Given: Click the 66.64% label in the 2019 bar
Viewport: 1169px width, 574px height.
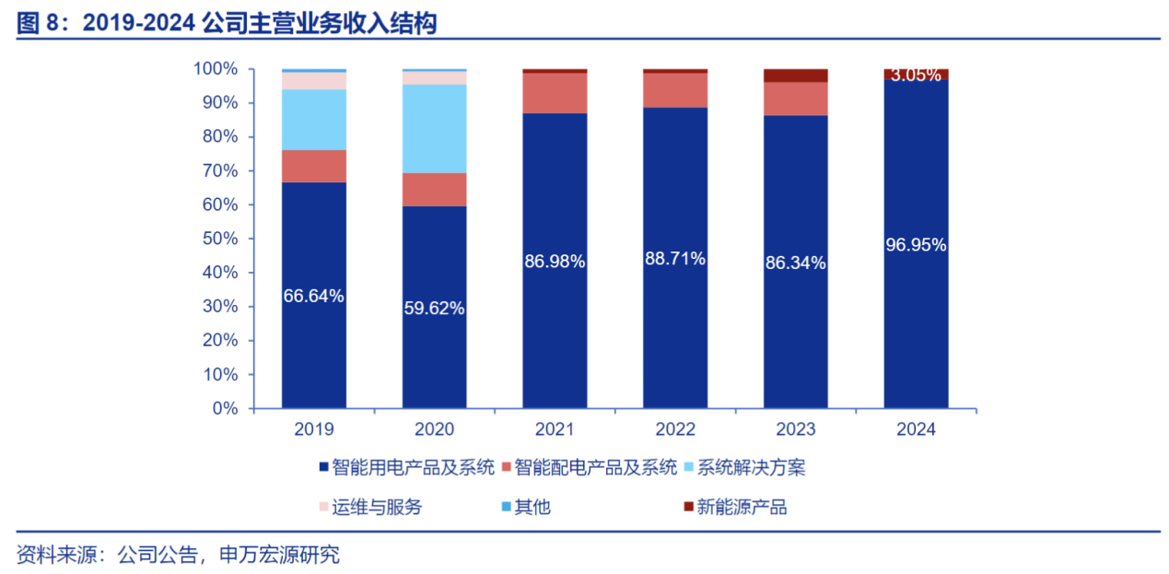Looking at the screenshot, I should click(314, 296).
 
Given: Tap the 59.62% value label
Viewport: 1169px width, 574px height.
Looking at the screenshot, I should click(434, 308).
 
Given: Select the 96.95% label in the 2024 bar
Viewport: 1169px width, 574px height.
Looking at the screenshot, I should click(916, 245).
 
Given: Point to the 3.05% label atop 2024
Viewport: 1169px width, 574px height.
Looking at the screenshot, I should click(916, 76).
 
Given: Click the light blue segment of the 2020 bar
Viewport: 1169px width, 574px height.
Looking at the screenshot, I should click(434, 129).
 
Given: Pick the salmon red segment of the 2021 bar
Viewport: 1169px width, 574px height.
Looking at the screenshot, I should click(555, 93).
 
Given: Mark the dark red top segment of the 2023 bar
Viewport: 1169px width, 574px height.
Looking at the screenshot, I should click(796, 76).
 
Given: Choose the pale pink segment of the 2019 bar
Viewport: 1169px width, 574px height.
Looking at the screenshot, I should click(314, 80).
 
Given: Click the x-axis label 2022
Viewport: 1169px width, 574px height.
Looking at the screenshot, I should click(675, 429).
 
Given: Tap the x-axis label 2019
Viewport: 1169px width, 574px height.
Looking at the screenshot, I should click(314, 429).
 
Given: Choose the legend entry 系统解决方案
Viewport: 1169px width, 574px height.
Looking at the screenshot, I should click(752, 467).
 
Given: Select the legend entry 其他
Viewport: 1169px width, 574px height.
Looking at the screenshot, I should click(532, 507).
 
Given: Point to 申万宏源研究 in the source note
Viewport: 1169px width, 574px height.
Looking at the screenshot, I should click(279, 555).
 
